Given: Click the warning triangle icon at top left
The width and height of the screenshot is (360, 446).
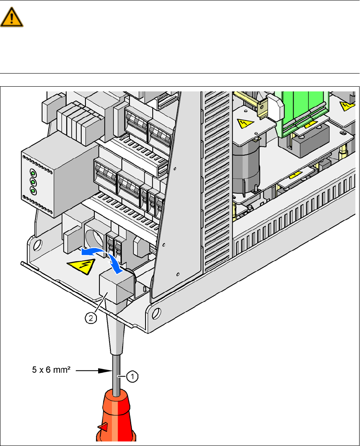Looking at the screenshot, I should coord(12,18).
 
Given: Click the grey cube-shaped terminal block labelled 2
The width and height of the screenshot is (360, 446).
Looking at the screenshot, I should coord(114,287).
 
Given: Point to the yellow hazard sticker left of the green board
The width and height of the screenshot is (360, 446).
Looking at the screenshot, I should coord(244,124).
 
